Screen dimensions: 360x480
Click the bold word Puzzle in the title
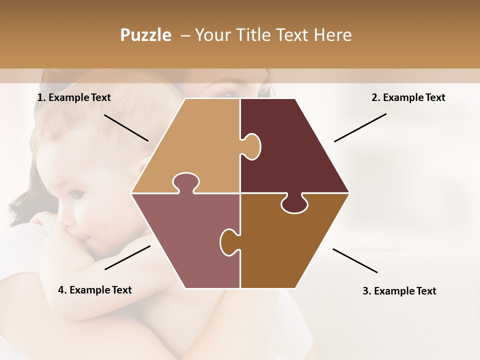point(145,35)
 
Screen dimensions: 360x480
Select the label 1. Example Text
point(74,97)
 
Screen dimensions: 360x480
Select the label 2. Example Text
point(408,97)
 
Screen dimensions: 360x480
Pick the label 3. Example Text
point(399,291)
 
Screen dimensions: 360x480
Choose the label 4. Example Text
point(95,290)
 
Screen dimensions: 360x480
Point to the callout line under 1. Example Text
point(126,127)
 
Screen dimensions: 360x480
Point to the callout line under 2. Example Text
point(360,127)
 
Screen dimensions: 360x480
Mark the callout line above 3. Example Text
point(355,260)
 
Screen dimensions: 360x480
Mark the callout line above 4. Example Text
point(127,257)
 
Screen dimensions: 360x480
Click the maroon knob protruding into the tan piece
point(252,146)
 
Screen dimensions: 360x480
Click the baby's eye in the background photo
point(74,193)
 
